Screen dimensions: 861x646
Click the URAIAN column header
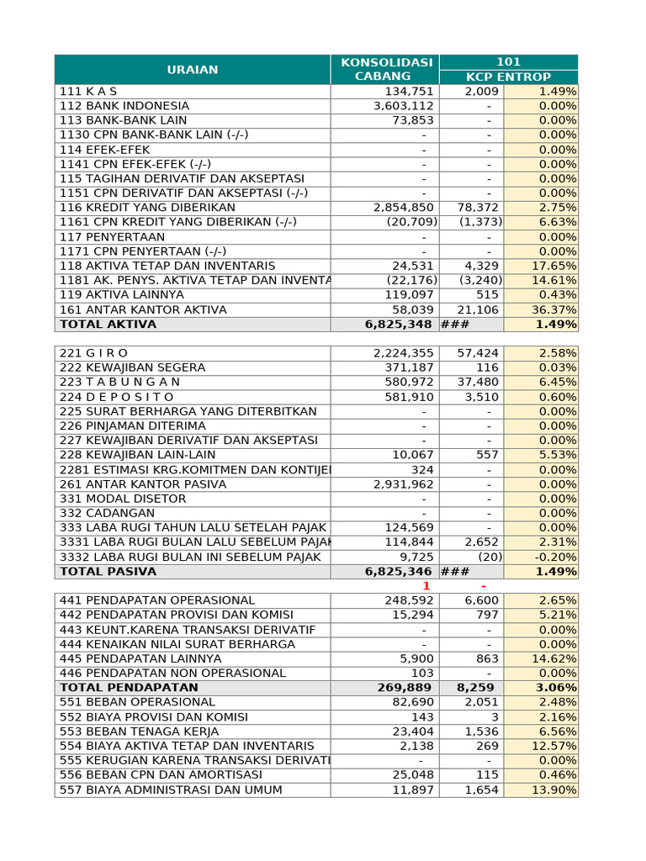[192, 70]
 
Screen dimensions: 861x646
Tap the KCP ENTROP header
[508, 77]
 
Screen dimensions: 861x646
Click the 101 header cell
[508, 62]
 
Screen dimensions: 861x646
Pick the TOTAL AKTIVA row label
[108, 325]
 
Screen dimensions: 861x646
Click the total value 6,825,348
[399, 325]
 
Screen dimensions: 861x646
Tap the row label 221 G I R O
[94, 353]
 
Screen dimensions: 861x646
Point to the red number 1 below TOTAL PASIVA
[426, 586]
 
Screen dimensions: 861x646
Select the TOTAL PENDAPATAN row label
[129, 688]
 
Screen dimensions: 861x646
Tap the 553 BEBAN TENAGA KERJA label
[140, 732]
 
